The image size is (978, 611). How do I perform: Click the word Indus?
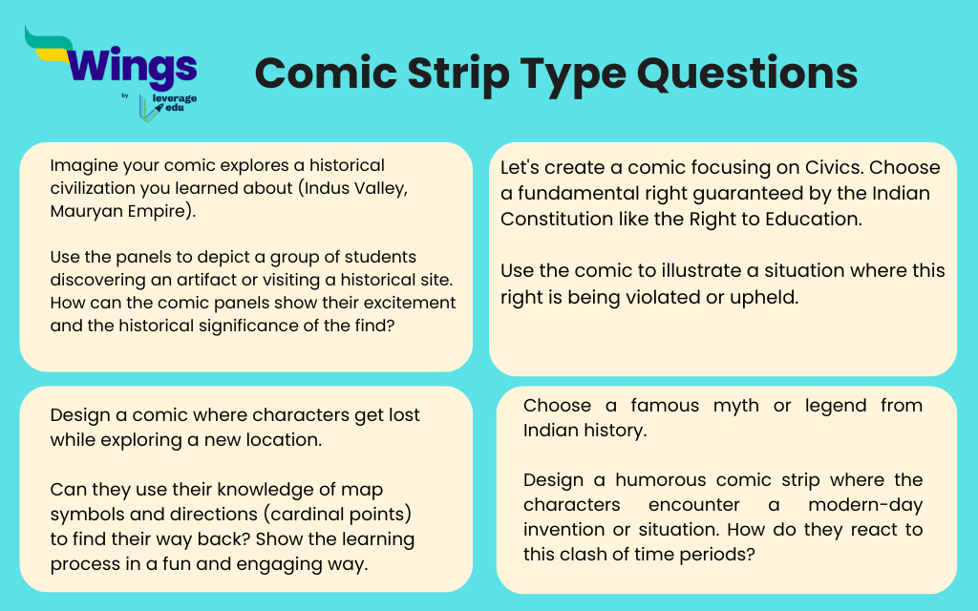pyautogui.click(x=322, y=188)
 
